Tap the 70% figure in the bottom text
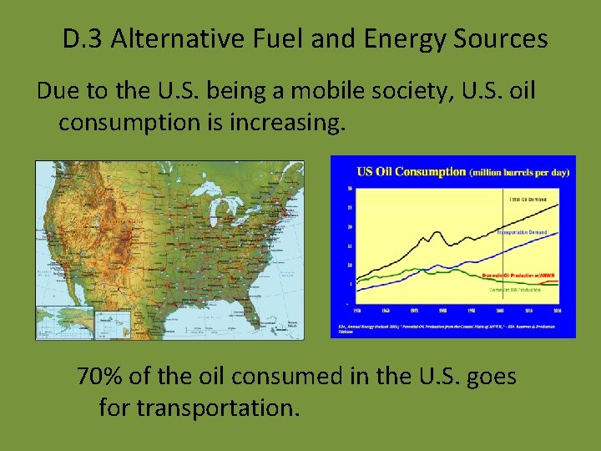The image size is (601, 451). point(99,377)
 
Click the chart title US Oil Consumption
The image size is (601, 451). point(411,172)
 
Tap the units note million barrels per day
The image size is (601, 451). point(520,173)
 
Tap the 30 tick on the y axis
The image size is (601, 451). point(348,188)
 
